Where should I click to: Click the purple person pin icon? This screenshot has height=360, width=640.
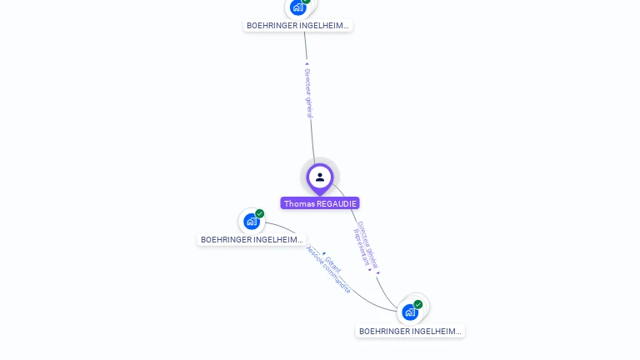[320, 177]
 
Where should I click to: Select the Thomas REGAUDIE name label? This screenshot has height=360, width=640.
[320, 203]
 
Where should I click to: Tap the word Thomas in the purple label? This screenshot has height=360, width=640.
[298, 203]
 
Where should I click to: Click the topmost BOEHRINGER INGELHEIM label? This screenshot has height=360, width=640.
[298, 26]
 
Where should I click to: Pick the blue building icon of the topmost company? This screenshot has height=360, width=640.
[298, 7]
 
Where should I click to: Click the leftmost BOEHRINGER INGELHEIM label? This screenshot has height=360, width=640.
[252, 240]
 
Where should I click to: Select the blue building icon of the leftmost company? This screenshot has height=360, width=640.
[251, 222]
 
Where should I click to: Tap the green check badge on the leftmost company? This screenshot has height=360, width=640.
[260, 214]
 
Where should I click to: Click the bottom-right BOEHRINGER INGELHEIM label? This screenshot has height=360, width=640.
[410, 332]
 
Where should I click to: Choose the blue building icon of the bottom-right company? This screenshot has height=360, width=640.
[409, 312]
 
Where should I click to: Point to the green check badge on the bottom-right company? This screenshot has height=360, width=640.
[418, 304]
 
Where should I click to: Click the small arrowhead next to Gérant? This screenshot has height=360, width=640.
[324, 253]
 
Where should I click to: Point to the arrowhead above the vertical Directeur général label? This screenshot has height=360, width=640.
[307, 63]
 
